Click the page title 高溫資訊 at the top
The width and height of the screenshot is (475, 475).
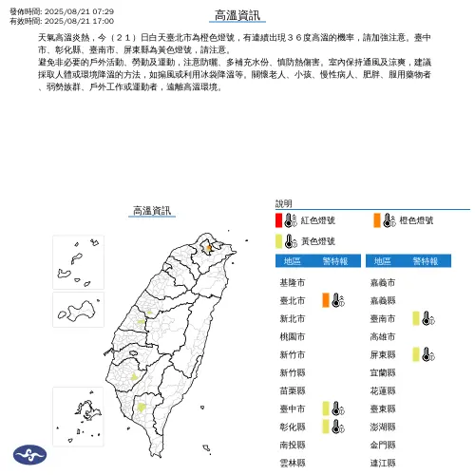pyautogui.click(x=237, y=15)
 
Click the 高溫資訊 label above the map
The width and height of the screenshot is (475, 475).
pyautogui.click(x=152, y=210)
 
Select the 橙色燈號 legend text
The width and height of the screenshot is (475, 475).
pyautogui.click(x=415, y=220)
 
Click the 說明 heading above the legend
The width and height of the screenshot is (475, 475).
pyautogui.click(x=284, y=203)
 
